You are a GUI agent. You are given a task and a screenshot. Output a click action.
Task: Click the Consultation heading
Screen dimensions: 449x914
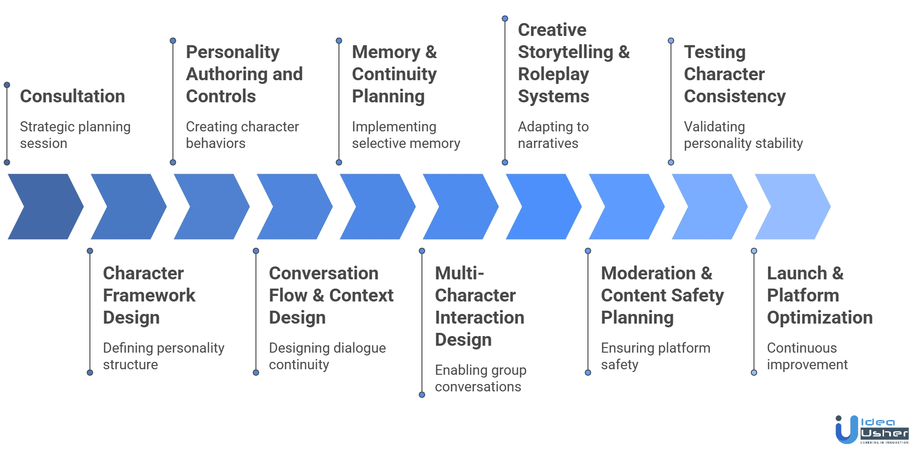click(x=71, y=97)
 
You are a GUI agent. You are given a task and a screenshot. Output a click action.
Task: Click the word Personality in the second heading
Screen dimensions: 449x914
click(x=232, y=53)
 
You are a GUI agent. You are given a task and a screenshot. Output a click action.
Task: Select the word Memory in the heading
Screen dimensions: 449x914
click(x=378, y=53)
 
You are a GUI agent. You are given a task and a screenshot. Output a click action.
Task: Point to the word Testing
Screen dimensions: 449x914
click(x=713, y=53)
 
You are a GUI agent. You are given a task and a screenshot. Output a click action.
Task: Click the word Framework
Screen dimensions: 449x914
click(x=150, y=296)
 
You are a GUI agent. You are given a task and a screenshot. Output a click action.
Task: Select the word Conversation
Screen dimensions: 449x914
click(x=324, y=274)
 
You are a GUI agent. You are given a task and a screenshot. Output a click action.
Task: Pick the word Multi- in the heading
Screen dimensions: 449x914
click(x=460, y=274)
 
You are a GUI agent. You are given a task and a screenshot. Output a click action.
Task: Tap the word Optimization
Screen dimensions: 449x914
click(x=820, y=318)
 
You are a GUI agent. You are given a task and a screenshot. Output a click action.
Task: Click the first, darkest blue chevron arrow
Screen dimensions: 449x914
click(x=44, y=207)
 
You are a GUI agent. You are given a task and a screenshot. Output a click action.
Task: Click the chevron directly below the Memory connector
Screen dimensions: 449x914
click(x=376, y=207)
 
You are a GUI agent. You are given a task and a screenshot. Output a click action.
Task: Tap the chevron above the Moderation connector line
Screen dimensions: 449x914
click(x=625, y=207)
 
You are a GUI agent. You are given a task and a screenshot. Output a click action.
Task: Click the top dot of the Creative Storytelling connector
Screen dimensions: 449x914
click(x=505, y=18)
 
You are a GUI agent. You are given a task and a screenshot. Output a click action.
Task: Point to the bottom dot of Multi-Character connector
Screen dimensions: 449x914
click(x=422, y=395)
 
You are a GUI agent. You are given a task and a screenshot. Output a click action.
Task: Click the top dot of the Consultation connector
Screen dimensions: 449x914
click(x=7, y=85)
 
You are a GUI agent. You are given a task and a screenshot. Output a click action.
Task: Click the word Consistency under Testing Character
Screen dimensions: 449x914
click(x=734, y=97)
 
